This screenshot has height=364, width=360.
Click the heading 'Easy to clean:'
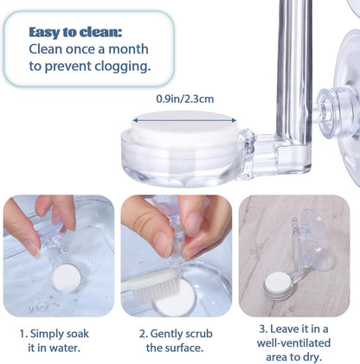pyautogui.click(x=75, y=32)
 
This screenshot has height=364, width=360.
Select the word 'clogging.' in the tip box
pyautogui.click(x=123, y=67)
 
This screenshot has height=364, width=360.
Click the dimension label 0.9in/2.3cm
pyautogui.click(x=185, y=99)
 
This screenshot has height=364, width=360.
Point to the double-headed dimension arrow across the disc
pyautogui.click(x=184, y=121)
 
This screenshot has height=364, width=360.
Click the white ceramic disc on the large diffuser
pyautogui.click(x=184, y=127)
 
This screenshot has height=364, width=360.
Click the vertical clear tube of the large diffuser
pyautogui.click(x=294, y=72)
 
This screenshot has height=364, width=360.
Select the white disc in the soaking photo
pyautogui.click(x=66, y=278)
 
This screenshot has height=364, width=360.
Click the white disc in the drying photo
pyautogui.click(x=278, y=284)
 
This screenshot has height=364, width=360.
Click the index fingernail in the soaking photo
pyautogui.click(x=35, y=252)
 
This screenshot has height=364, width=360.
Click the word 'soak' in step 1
pyautogui.click(x=78, y=334)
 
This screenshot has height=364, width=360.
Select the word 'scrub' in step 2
pyautogui.click(x=199, y=334)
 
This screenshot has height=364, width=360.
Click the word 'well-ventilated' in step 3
pyautogui.click(x=293, y=343)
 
